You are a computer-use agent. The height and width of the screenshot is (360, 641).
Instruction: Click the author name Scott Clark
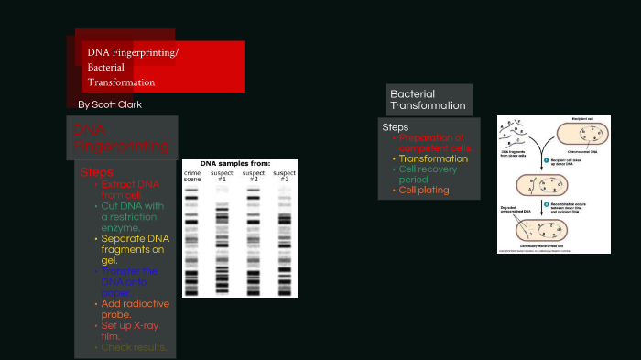click(110, 104)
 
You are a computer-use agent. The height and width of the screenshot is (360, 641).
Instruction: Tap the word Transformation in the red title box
click(121, 82)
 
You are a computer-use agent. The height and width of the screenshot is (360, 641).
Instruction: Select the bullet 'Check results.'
click(134, 347)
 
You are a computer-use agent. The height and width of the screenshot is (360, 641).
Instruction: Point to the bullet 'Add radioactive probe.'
click(133, 309)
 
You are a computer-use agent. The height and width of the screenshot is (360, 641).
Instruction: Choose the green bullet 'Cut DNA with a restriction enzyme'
click(132, 217)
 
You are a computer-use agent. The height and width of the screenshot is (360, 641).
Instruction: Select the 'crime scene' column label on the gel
click(192, 176)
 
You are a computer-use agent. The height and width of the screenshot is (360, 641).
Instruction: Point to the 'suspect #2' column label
click(254, 176)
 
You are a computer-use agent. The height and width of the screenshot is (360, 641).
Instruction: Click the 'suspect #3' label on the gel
click(285, 176)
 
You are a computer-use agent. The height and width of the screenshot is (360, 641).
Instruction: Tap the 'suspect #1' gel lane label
click(223, 176)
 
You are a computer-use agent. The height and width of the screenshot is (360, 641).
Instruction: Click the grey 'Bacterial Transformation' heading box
click(428, 100)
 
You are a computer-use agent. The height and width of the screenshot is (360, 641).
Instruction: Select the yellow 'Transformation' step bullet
click(434, 158)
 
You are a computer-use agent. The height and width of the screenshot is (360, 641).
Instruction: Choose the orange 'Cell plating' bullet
click(424, 190)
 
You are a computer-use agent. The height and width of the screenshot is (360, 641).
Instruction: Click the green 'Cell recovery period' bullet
click(431, 174)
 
